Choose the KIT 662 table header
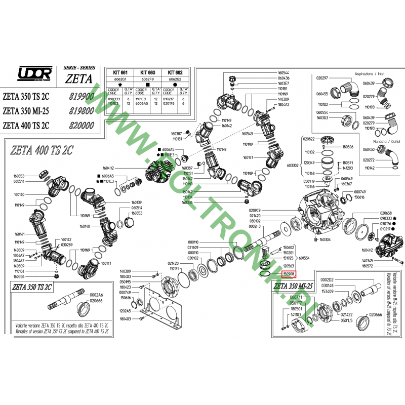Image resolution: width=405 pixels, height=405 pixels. (175, 72)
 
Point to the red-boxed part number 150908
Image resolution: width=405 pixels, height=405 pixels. (289, 273)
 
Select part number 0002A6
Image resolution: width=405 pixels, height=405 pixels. (96, 295)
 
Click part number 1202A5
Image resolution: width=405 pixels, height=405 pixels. (125, 310)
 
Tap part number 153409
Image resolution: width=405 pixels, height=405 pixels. (328, 292)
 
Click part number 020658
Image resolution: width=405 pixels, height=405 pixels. (386, 213)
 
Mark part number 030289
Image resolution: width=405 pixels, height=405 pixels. (67, 245)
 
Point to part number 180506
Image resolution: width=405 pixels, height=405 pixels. (348, 147)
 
